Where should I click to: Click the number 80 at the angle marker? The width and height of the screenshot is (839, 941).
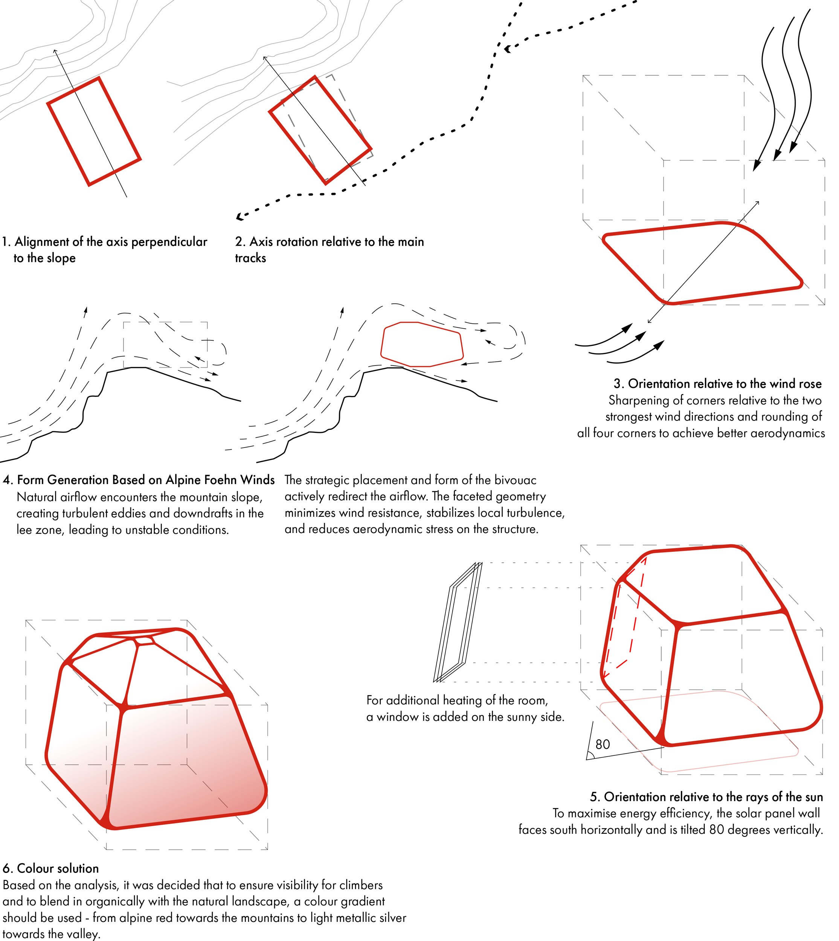tap(603, 744)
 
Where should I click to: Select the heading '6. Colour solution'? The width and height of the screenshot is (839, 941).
tap(51, 868)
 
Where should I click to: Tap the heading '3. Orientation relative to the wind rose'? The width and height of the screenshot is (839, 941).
tap(717, 384)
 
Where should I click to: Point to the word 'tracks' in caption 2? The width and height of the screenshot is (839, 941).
tap(250, 258)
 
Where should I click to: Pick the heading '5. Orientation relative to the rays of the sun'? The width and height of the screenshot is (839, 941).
tap(706, 797)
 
